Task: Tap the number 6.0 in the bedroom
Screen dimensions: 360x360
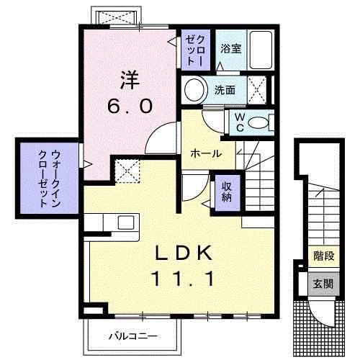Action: coord(129,106)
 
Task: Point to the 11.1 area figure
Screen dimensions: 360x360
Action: coord(183,278)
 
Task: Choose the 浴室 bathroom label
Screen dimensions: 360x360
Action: coord(230,49)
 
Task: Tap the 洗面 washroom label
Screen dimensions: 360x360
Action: coord(225,90)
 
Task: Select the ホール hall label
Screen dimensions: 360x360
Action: coord(205,153)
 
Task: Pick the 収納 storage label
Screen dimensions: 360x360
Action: coord(226,192)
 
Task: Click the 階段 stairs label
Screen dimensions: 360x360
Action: coord(323,256)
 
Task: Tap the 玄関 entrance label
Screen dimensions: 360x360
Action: coord(323,283)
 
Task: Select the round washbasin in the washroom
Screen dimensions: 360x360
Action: coord(194,91)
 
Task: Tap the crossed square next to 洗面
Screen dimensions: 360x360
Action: coord(257,90)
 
